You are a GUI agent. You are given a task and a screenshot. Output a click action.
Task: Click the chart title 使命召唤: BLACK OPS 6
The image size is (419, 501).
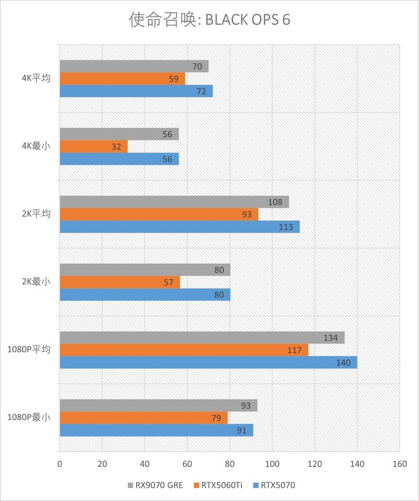point(210,20)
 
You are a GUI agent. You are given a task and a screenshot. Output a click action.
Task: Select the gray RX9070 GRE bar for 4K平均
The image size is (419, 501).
point(134,66)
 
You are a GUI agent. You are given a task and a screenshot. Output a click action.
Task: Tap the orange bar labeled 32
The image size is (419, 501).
point(93,147)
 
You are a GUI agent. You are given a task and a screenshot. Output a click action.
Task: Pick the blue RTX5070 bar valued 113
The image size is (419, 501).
point(179,227)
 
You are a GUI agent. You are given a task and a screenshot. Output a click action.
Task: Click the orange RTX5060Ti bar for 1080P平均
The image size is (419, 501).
point(183,350)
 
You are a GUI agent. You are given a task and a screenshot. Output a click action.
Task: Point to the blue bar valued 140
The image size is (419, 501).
point(208,362)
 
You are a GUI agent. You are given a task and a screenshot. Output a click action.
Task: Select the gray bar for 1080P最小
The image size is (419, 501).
point(158,406)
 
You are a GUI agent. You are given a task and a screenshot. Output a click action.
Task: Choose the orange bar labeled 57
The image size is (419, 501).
point(119,282)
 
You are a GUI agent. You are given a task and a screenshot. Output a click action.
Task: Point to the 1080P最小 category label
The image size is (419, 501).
point(29,417)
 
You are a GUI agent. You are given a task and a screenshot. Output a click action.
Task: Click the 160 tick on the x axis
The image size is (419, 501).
point(400,464)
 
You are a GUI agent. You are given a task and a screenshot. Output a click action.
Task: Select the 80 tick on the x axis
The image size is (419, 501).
point(229,464)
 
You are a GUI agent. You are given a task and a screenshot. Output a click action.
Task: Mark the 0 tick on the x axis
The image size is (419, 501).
point(60,464)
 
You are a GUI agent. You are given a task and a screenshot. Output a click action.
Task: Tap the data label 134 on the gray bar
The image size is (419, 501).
point(330,338)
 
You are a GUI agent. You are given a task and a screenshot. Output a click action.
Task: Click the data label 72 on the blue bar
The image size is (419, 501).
point(202,91)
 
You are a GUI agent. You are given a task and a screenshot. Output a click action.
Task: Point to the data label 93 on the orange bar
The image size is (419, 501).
point(246,215)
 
